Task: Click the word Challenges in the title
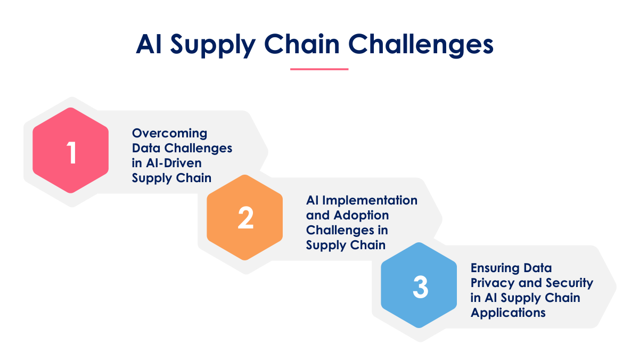tap(421, 45)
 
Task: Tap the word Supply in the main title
tap(213, 46)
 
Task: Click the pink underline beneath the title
tap(319, 69)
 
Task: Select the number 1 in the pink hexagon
tap(71, 153)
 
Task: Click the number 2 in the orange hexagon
tap(245, 218)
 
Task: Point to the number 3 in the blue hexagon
tap(421, 287)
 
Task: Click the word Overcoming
tap(169, 134)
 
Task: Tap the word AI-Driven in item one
tap(174, 163)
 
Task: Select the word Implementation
tap(370, 200)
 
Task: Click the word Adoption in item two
tap(361, 215)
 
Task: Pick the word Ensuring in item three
tap(493, 268)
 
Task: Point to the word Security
tap(569, 283)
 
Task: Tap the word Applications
tap(508, 313)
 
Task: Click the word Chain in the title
tap(302, 45)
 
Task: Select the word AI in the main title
tap(149, 45)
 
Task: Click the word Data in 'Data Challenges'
tap(146, 149)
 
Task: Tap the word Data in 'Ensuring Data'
tap(537, 268)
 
